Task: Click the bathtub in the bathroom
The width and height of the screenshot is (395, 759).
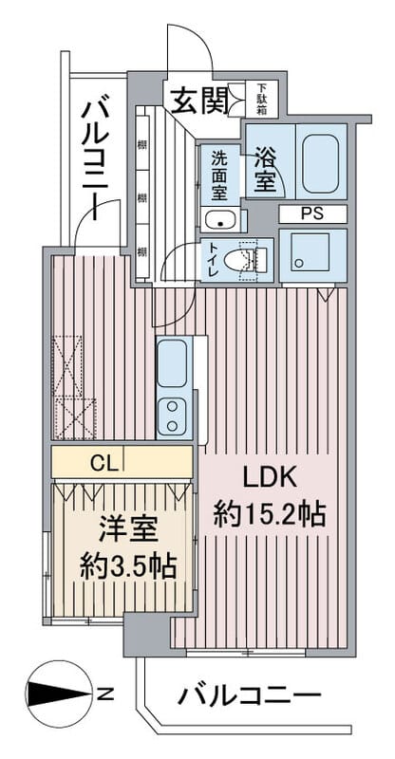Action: (319, 156)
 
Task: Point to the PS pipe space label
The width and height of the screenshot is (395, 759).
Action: (311, 213)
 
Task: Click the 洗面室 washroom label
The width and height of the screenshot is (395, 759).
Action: (220, 174)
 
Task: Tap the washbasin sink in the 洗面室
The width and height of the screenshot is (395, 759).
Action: (223, 222)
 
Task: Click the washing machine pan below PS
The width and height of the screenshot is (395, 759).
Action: (312, 254)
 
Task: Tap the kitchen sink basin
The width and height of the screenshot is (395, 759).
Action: (172, 363)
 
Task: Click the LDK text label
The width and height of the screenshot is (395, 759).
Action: (271, 477)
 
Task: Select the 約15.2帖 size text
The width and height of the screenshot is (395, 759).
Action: (270, 515)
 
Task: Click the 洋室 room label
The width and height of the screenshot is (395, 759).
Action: (120, 528)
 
